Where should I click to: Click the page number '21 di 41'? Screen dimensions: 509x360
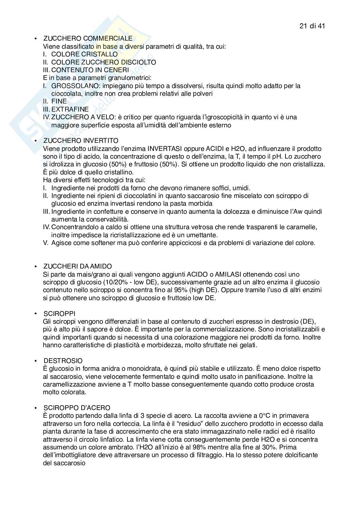point(312,26)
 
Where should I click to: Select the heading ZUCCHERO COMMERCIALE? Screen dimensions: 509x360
point(88,39)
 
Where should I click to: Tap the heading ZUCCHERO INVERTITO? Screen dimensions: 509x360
point(81,141)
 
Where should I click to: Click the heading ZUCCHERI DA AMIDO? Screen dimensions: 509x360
point(78,266)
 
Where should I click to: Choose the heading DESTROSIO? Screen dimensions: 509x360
point(63,361)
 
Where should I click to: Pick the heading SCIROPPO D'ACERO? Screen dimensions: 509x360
point(77,408)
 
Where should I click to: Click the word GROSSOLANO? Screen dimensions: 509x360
point(70,86)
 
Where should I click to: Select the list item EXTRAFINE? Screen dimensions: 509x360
point(70,109)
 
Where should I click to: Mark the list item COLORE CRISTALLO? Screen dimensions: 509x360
point(85,54)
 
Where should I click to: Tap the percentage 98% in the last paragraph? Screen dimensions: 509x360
point(207,447)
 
